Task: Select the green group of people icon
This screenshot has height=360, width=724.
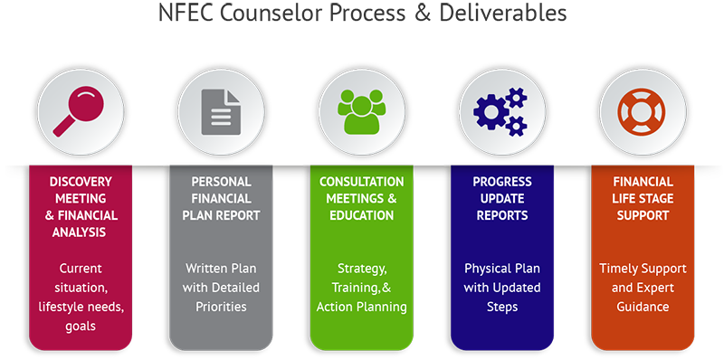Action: click(x=361, y=109)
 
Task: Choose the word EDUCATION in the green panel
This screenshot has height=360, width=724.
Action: click(x=361, y=215)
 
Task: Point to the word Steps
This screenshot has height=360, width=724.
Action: click(x=502, y=307)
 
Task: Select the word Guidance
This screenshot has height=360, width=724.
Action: click(x=643, y=307)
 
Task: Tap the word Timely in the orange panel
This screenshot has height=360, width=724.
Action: click(x=620, y=270)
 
